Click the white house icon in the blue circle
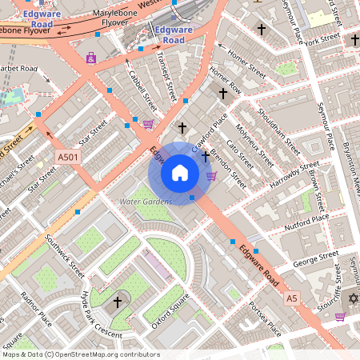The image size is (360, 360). [x=180, y=173]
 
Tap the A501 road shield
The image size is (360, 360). [x=68, y=158]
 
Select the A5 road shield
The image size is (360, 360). [x=292, y=298]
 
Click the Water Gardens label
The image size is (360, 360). [x=146, y=202]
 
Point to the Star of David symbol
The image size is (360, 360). [x=353, y=298]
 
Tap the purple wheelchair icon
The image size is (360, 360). [x=91, y=58]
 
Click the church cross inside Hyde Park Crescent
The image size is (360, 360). [x=118, y=302]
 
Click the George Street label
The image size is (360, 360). [x=316, y=259]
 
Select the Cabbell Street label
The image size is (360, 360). [x=142, y=90]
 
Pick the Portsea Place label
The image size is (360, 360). [x=266, y=318]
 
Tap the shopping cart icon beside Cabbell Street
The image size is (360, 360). [x=148, y=124]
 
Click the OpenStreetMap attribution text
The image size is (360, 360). [x=80, y=354]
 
